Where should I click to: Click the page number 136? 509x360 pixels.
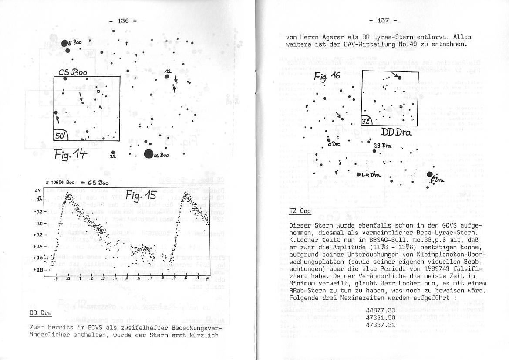tap(124, 20)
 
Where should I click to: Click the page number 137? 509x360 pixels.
tap(383, 20)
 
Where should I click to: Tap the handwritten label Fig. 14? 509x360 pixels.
tap(71, 154)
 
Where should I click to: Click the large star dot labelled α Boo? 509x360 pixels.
tap(149, 153)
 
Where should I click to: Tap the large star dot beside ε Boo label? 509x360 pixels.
tap(64, 43)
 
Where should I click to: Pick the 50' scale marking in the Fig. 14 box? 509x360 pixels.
tap(59, 136)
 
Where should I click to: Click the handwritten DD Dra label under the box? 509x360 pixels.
tap(396, 132)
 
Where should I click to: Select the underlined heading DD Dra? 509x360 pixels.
tap(40, 313)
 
